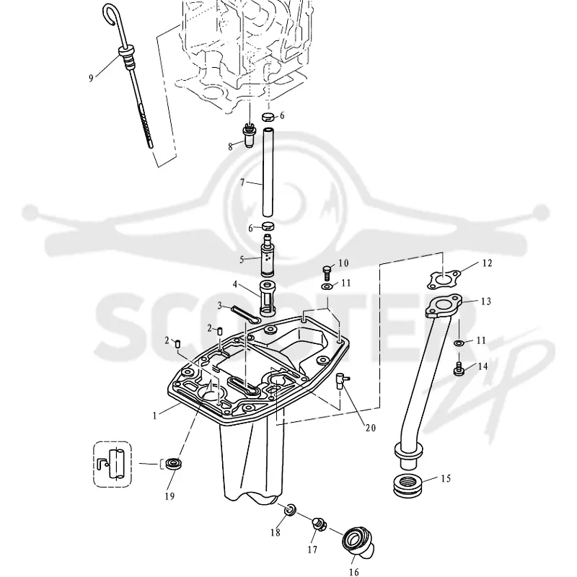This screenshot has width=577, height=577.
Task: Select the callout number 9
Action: [91, 78]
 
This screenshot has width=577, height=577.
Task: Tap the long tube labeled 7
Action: [268, 172]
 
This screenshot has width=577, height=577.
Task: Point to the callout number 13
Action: [485, 301]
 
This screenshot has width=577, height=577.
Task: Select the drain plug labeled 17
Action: [319, 524]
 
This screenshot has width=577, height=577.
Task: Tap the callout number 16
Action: [353, 572]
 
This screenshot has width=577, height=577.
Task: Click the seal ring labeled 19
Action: [172, 463]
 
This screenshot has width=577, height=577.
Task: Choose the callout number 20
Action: [371, 428]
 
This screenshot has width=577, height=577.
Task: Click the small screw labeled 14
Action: [459, 369]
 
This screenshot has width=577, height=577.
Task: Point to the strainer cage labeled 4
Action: [270, 298]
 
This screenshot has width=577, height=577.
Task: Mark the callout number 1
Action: [155, 415]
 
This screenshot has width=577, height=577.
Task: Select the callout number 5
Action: [242, 260]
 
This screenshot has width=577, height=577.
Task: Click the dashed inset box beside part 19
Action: [113, 464]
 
